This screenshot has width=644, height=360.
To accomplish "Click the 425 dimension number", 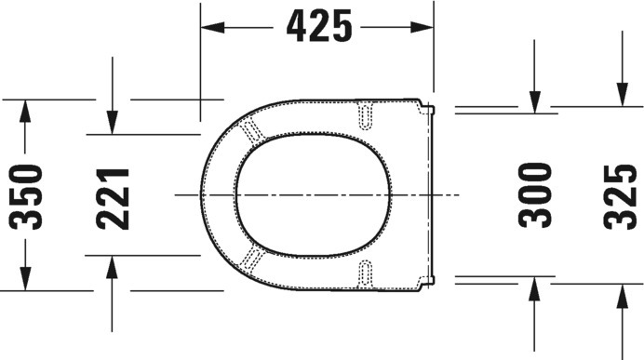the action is click(319, 27).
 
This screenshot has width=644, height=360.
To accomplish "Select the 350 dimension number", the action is click(25, 196).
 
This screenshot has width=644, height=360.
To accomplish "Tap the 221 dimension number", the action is click(113, 198).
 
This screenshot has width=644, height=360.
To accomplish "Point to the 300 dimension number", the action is click(535, 195).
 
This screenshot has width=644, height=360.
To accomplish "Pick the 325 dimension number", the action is click(620, 196).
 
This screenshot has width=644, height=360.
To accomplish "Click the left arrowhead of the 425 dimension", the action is click(213, 28).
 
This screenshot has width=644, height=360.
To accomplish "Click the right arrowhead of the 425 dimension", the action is click(422, 28).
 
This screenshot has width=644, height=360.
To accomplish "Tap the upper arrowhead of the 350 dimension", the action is click(25, 111).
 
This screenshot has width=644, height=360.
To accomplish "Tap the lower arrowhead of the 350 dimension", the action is click(25, 279).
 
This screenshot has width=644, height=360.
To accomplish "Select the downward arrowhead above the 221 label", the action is click(112, 123).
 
